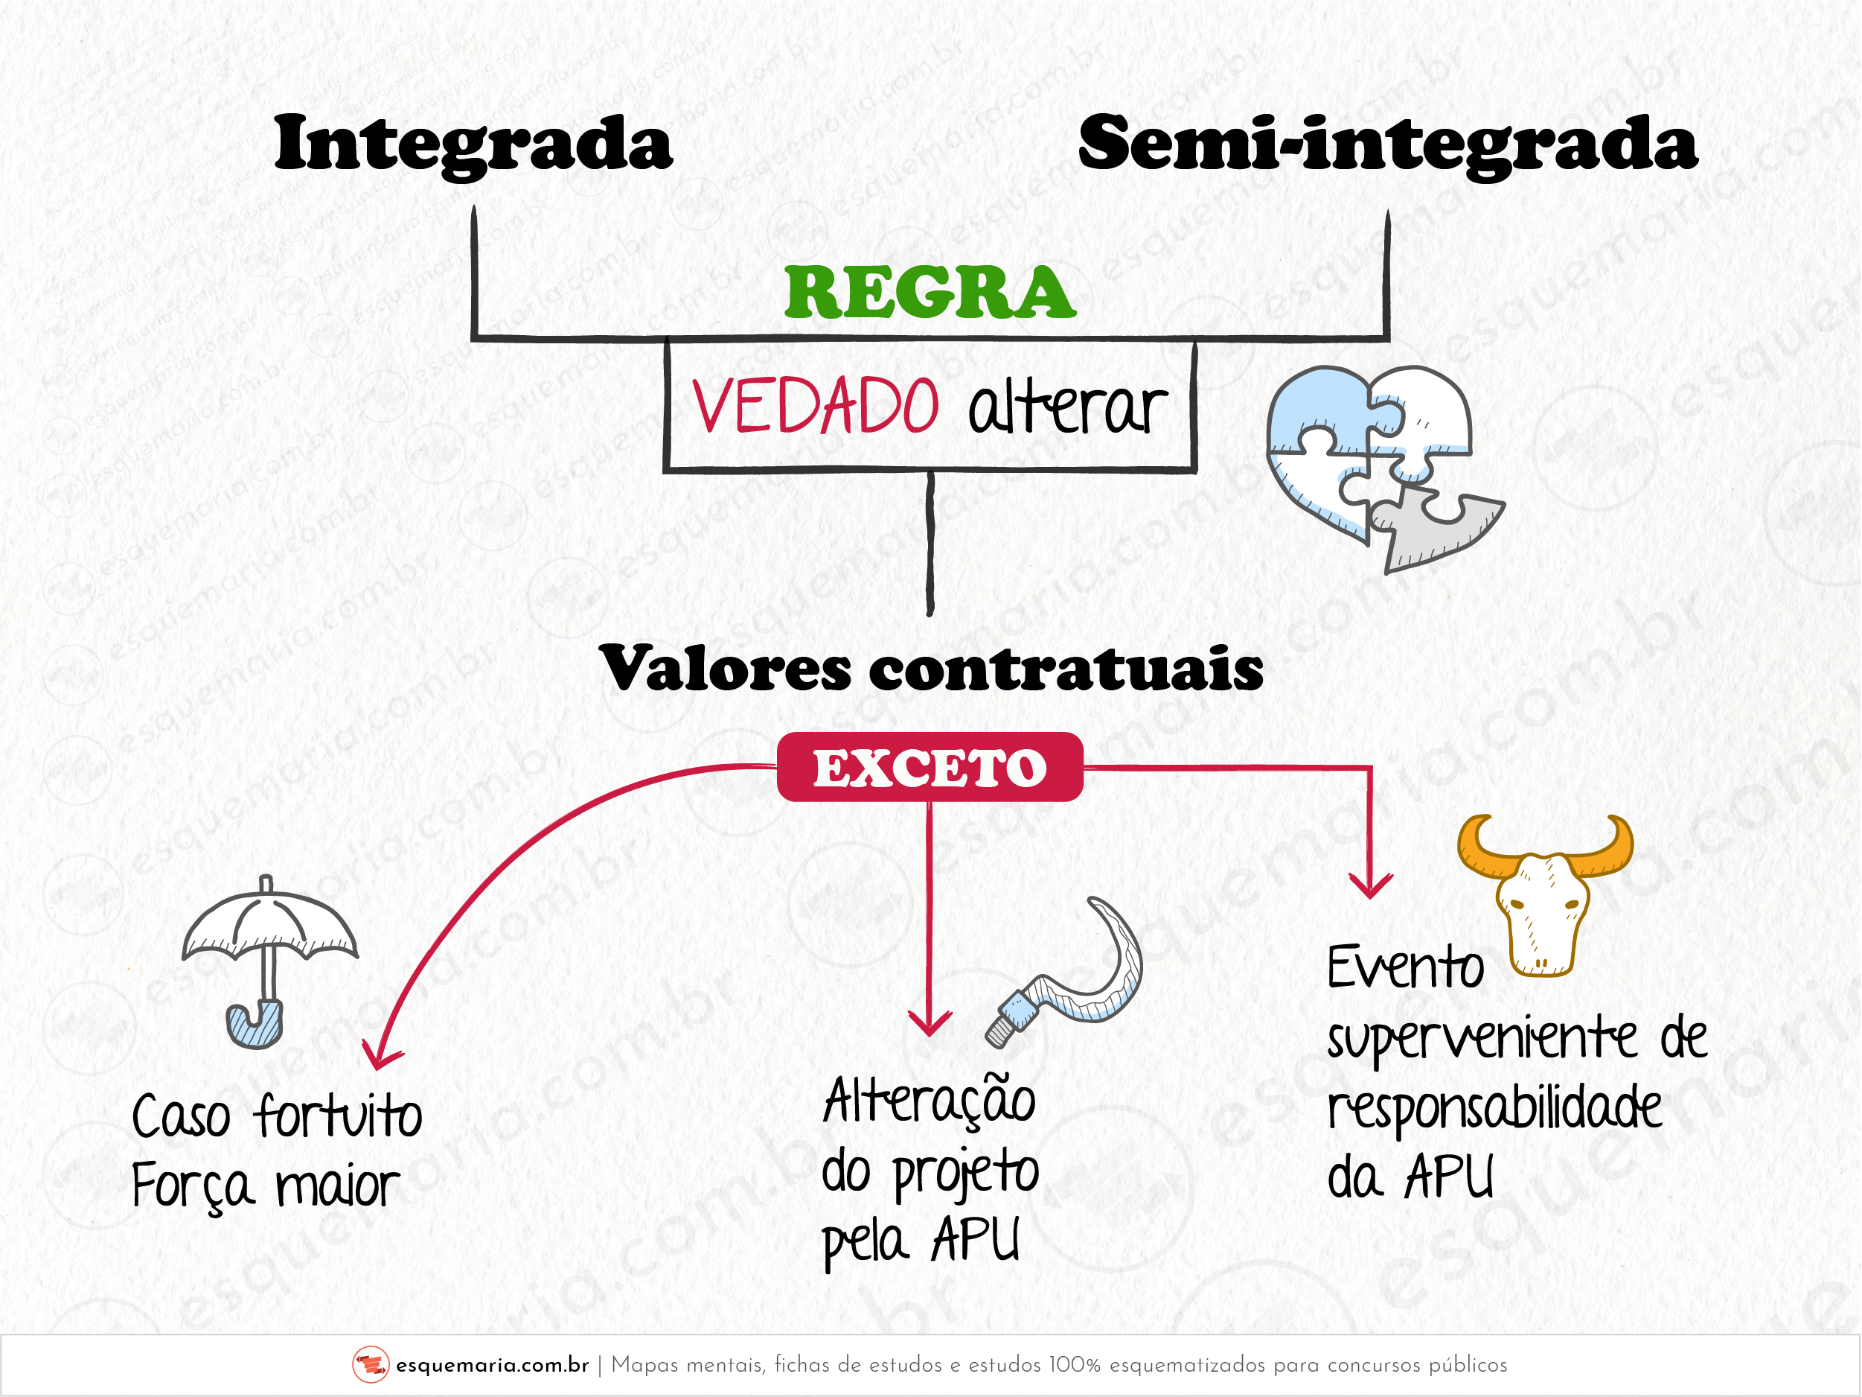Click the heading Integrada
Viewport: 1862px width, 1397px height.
pyautogui.click(x=473, y=143)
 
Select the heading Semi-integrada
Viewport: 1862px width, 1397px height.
pyautogui.click(x=1387, y=143)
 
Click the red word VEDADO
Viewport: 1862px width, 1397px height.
pyautogui.click(x=815, y=406)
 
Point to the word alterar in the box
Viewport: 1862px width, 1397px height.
pyautogui.click(x=1067, y=408)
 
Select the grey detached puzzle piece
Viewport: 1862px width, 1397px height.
pyautogui.click(x=1431, y=526)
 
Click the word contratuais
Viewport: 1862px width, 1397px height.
pyautogui.click(x=1066, y=669)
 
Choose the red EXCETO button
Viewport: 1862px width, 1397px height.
pyautogui.click(x=930, y=767)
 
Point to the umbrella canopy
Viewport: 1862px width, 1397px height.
pyautogui.click(x=269, y=922)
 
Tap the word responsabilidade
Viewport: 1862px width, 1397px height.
pyautogui.click(x=1495, y=1110)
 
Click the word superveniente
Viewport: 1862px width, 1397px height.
pyautogui.click(x=1482, y=1040)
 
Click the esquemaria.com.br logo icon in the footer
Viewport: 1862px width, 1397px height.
pyautogui.click(x=371, y=1365)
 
